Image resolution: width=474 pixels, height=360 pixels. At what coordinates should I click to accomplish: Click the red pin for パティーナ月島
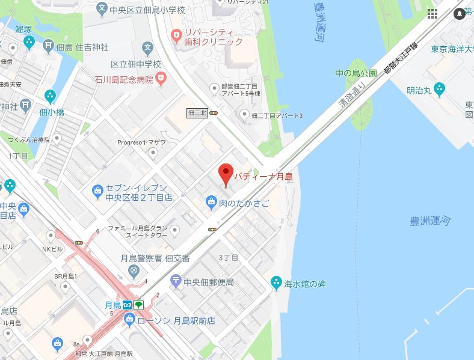[225, 174]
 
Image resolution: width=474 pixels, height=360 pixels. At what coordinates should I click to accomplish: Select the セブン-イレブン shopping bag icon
[97, 192]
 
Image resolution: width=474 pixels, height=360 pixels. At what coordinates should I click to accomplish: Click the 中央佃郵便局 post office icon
[175, 280]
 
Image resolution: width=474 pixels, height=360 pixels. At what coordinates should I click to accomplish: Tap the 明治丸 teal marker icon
[439, 90]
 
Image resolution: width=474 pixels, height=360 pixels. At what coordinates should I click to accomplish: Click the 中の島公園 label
[355, 73]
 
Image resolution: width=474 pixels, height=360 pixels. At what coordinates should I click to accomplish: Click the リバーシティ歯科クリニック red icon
[175, 35]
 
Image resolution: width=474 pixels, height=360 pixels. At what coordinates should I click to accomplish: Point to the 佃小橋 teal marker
[51, 96]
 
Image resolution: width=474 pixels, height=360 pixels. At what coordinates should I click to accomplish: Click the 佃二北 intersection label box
[197, 112]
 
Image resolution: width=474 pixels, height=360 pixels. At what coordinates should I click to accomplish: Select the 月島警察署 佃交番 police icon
[132, 272]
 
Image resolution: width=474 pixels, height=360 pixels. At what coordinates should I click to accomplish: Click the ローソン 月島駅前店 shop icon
[129, 321]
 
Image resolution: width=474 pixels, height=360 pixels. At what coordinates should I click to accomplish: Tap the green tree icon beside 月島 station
[139, 305]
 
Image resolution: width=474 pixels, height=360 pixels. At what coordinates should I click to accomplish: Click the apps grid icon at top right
[432, 13]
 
